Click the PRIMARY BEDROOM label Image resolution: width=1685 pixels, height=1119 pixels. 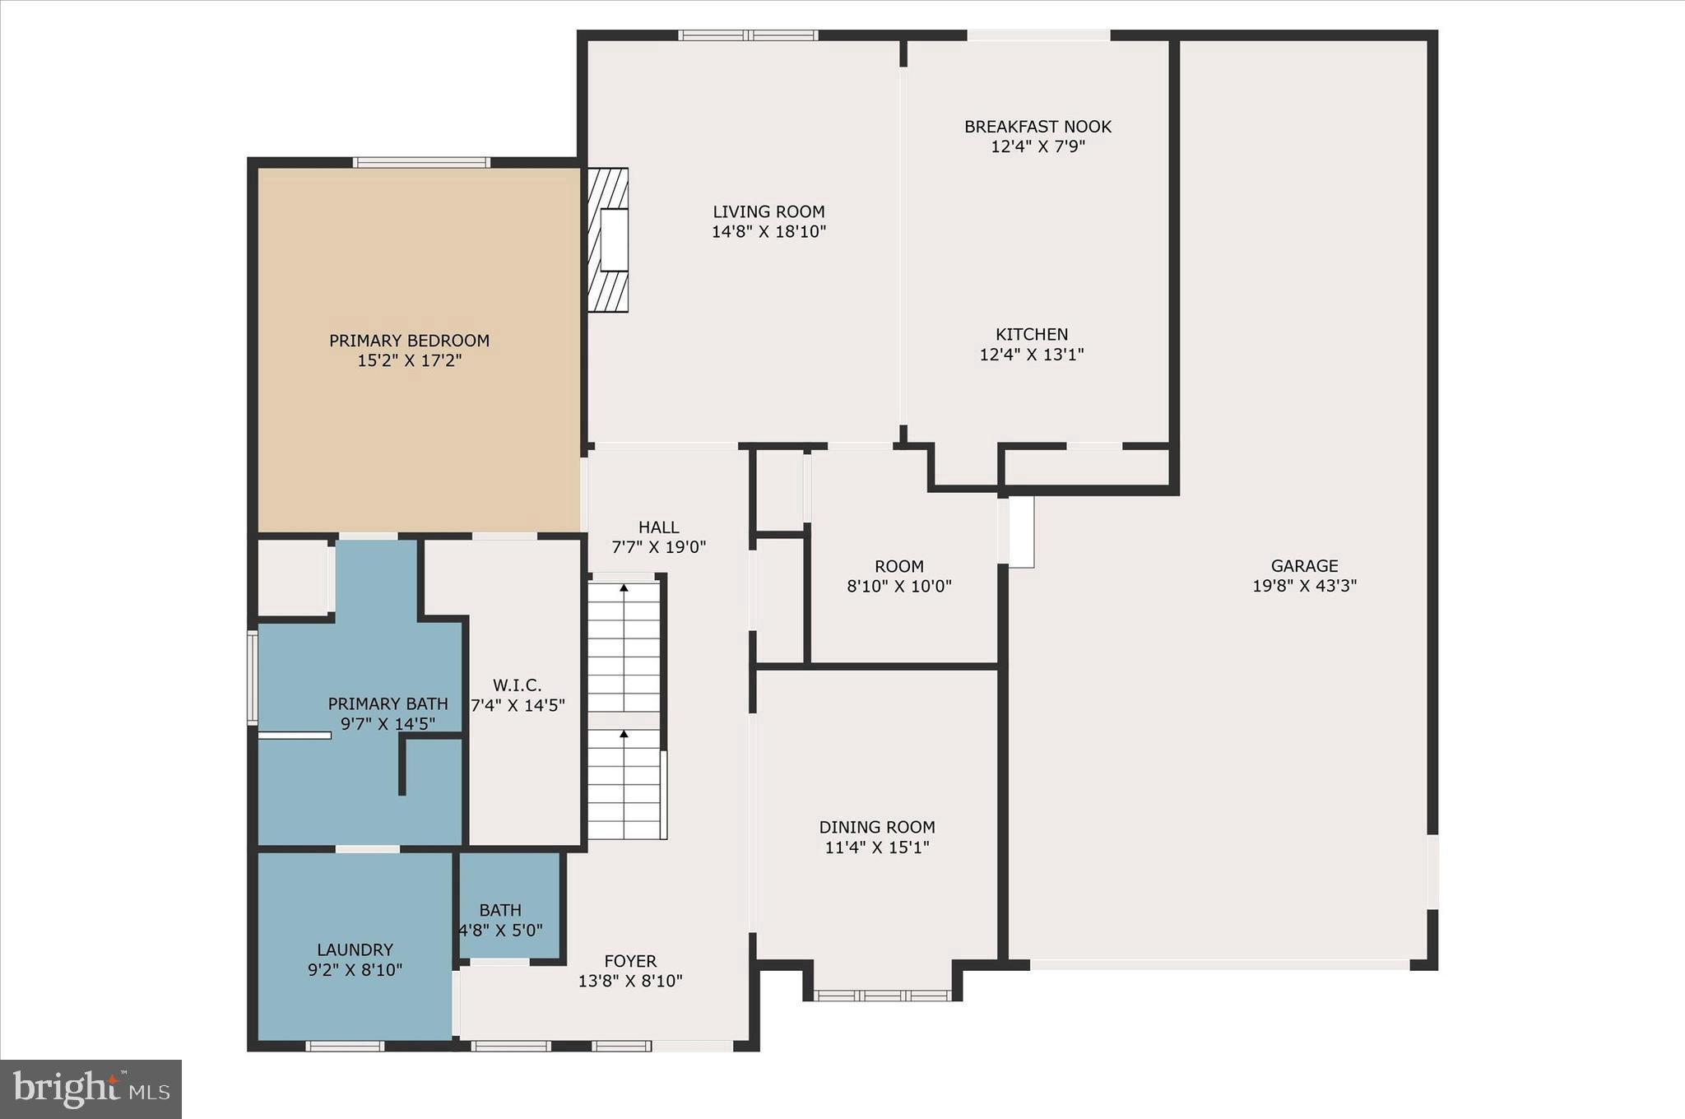[409, 341]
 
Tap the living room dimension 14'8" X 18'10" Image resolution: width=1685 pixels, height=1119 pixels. [768, 232]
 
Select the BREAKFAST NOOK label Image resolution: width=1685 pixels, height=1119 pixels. [1037, 127]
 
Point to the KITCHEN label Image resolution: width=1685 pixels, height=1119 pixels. [1032, 334]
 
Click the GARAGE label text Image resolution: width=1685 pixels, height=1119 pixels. [1304, 566]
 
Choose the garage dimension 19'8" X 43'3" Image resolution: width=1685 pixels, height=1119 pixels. [1304, 586]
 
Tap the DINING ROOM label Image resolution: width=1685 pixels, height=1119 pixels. [877, 827]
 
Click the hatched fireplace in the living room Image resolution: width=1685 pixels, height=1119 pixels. [608, 240]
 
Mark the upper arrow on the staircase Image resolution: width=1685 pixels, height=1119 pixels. [624, 588]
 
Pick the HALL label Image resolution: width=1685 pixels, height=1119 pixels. [658, 527]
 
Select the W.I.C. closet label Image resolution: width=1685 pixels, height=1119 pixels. [517, 685]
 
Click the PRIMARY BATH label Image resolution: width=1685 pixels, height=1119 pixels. [388, 703]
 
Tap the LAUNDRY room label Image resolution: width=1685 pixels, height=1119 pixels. [355, 950]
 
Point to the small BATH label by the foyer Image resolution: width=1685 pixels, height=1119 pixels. [500, 910]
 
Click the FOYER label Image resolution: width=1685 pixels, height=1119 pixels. [630, 961]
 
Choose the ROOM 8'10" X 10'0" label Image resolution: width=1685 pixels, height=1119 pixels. [898, 567]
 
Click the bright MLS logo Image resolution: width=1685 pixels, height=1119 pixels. [91, 1089]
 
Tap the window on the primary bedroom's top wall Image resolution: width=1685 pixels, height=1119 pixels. [422, 162]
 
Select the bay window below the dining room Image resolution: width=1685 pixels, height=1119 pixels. [882, 996]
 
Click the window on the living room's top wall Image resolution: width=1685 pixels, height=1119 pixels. [747, 35]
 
